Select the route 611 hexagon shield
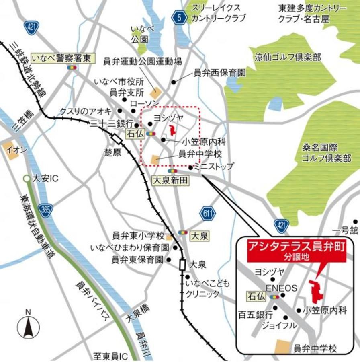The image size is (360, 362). click(207, 213)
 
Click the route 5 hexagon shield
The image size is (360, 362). click(178, 17)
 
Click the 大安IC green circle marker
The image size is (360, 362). click(26, 178)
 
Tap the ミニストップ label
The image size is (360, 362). click(213, 166)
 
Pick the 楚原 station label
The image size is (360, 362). click(112, 153)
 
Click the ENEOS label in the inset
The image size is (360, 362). click(281, 288)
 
